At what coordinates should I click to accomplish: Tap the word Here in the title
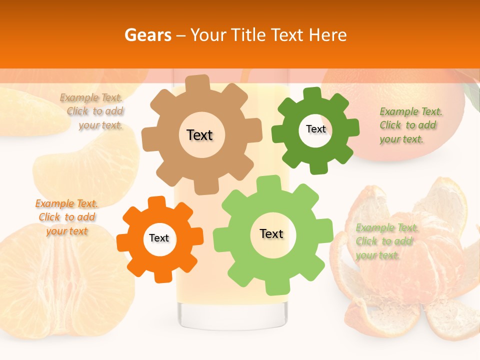(x=327, y=35)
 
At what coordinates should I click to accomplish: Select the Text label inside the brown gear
(x=199, y=135)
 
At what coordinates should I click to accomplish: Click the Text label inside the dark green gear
(x=315, y=129)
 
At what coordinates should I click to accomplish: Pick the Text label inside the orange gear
(x=159, y=238)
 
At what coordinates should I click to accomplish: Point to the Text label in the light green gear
(x=271, y=234)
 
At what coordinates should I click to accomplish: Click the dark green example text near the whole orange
(x=408, y=125)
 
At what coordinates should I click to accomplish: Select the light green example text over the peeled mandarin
(x=385, y=241)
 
